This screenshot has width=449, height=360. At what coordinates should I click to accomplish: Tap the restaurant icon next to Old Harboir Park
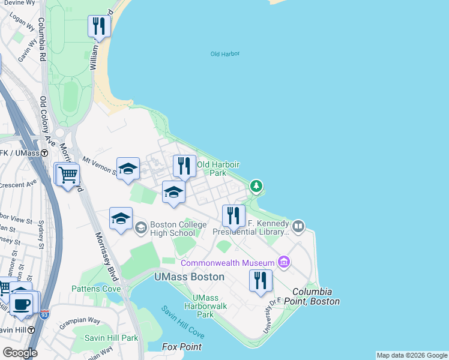185,166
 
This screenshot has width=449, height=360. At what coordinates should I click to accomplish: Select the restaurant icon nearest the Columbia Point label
261,281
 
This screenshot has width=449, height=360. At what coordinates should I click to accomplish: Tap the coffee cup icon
22,304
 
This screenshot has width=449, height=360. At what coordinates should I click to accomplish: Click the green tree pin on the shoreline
256,187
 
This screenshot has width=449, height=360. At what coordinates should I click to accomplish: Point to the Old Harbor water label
225,54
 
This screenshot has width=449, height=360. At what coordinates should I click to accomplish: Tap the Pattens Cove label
96,289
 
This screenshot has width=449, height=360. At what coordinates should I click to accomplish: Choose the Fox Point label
182,347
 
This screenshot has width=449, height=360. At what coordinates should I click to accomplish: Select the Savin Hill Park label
111,338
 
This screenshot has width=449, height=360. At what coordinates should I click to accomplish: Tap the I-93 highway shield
44,314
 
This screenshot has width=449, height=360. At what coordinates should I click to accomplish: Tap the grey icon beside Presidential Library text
298,226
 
